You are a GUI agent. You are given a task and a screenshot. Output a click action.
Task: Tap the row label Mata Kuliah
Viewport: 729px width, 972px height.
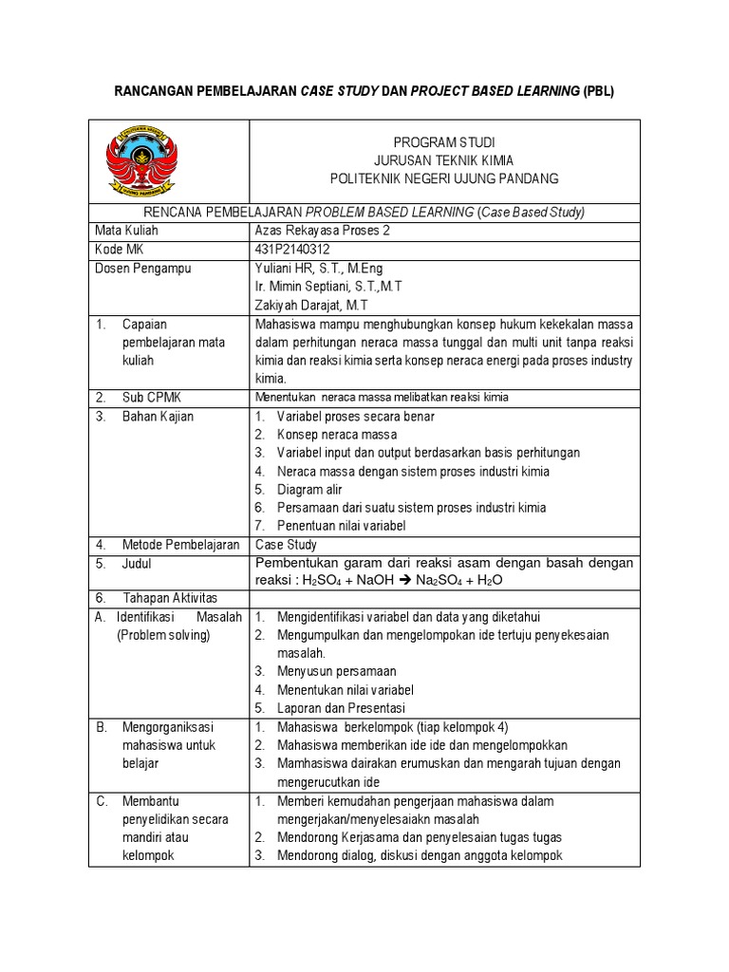coord(127,231)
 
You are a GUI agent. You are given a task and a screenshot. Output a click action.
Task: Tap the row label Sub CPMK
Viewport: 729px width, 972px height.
coord(150,397)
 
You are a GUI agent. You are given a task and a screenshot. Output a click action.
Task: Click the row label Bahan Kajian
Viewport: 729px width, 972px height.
coord(159,416)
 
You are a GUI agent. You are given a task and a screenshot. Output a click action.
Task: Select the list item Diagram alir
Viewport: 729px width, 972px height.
coord(309,490)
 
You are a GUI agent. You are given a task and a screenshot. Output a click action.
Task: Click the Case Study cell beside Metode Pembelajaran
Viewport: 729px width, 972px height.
coord(286,545)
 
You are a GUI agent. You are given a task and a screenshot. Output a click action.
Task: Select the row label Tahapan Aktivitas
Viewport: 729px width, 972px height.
coord(170,598)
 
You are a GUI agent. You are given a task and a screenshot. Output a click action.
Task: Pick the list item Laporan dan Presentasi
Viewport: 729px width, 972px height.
coord(341,708)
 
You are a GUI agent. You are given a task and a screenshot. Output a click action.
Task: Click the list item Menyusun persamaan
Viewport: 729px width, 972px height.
coord(336,671)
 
